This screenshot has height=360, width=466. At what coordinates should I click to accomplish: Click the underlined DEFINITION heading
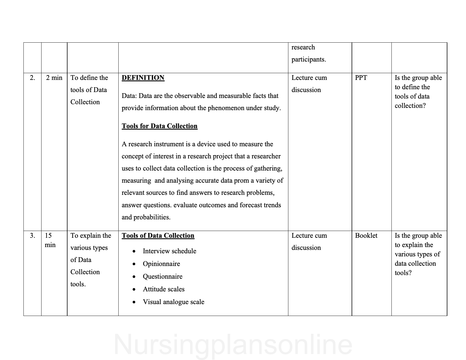[143, 78]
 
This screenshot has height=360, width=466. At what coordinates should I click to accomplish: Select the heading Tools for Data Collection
[160, 126]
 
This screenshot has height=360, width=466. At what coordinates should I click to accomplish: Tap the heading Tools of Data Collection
[158, 236]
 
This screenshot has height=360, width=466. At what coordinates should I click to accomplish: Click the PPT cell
[361, 78]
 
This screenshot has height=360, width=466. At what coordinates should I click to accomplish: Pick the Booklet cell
[366, 236]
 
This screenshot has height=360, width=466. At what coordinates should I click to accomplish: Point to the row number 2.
[32, 78]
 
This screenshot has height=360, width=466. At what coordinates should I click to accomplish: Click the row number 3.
[32, 236]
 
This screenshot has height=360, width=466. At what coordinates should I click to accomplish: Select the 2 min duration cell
[54, 78]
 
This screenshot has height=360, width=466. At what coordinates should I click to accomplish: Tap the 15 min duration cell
[50, 240]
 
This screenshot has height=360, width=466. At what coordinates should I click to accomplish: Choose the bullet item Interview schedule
[169, 251]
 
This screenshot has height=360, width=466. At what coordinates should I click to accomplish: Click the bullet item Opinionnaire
[161, 264]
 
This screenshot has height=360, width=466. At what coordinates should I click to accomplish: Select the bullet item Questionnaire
[163, 277]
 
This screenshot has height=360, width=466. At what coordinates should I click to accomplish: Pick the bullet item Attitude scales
[164, 289]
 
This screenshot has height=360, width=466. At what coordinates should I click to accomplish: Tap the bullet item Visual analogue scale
[173, 302]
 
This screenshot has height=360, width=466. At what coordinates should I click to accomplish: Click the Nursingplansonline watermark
[233, 344]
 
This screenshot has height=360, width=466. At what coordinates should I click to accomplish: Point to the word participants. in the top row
[309, 60]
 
